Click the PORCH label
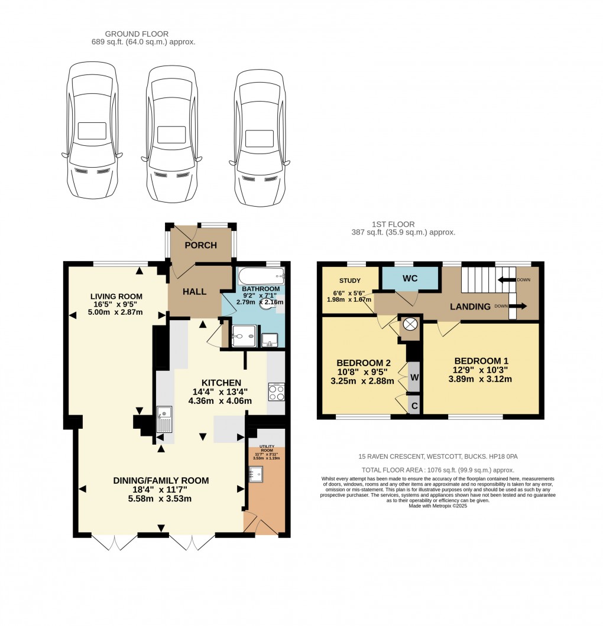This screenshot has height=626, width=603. (200, 245)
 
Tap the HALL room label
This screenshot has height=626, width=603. (194, 292)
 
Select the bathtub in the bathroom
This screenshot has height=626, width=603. (261, 276)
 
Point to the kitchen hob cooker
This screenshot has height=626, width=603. (276, 392)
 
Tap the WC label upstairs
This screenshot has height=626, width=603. (410, 277)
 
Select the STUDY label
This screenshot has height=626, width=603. (350, 281)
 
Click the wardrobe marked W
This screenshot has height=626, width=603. (414, 377)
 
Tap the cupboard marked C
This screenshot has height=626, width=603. (414, 406)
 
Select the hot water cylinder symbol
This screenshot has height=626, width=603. (409, 325)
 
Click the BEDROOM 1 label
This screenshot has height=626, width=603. (481, 361)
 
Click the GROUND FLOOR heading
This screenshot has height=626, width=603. (137, 34)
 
